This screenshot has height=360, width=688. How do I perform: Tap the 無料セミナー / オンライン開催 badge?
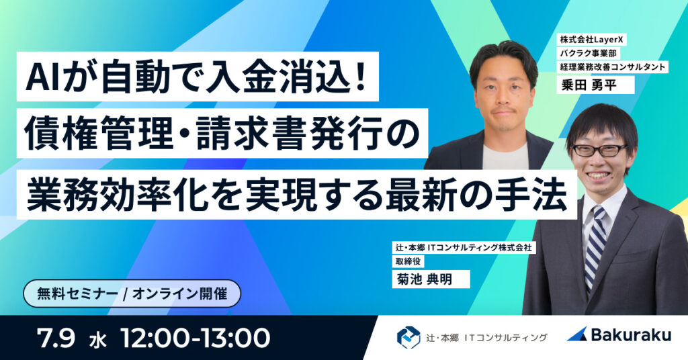(131, 294)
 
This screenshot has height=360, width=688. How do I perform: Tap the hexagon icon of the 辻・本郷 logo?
(408, 336)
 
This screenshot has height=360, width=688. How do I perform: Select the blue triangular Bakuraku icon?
(578, 334)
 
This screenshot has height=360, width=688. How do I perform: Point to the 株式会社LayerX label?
(589, 40)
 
